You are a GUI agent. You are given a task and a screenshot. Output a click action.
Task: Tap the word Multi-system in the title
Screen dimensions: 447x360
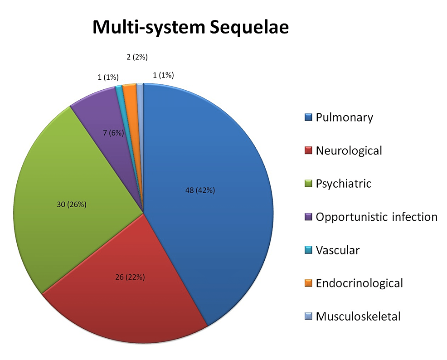(x=149, y=27)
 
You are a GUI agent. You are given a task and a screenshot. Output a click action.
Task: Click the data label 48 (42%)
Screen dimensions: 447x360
(x=200, y=190)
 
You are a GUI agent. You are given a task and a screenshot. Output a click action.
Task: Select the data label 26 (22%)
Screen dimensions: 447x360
(x=130, y=277)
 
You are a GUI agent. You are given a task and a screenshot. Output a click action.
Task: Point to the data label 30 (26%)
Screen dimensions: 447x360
(x=72, y=204)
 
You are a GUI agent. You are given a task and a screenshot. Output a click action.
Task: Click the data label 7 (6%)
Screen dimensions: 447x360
(x=113, y=133)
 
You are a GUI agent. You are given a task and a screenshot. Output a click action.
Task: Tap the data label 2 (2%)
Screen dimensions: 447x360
(x=137, y=57)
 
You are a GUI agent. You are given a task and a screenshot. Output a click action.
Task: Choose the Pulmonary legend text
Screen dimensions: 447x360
(x=345, y=118)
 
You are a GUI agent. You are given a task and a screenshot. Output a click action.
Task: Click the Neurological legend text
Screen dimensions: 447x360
(x=349, y=151)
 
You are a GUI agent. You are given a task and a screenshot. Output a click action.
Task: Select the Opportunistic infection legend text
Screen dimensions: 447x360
(x=377, y=217)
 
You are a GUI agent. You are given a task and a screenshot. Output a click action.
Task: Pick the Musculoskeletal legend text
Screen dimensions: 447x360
(x=358, y=316)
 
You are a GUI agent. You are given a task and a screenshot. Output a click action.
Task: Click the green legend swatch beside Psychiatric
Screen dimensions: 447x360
(x=308, y=184)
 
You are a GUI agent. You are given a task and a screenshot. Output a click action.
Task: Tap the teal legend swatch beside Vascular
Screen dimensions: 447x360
(x=308, y=250)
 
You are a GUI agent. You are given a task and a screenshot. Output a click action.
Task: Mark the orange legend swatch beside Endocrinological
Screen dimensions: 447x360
(x=308, y=283)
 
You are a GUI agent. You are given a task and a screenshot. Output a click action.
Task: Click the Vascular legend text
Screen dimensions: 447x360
(x=338, y=250)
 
